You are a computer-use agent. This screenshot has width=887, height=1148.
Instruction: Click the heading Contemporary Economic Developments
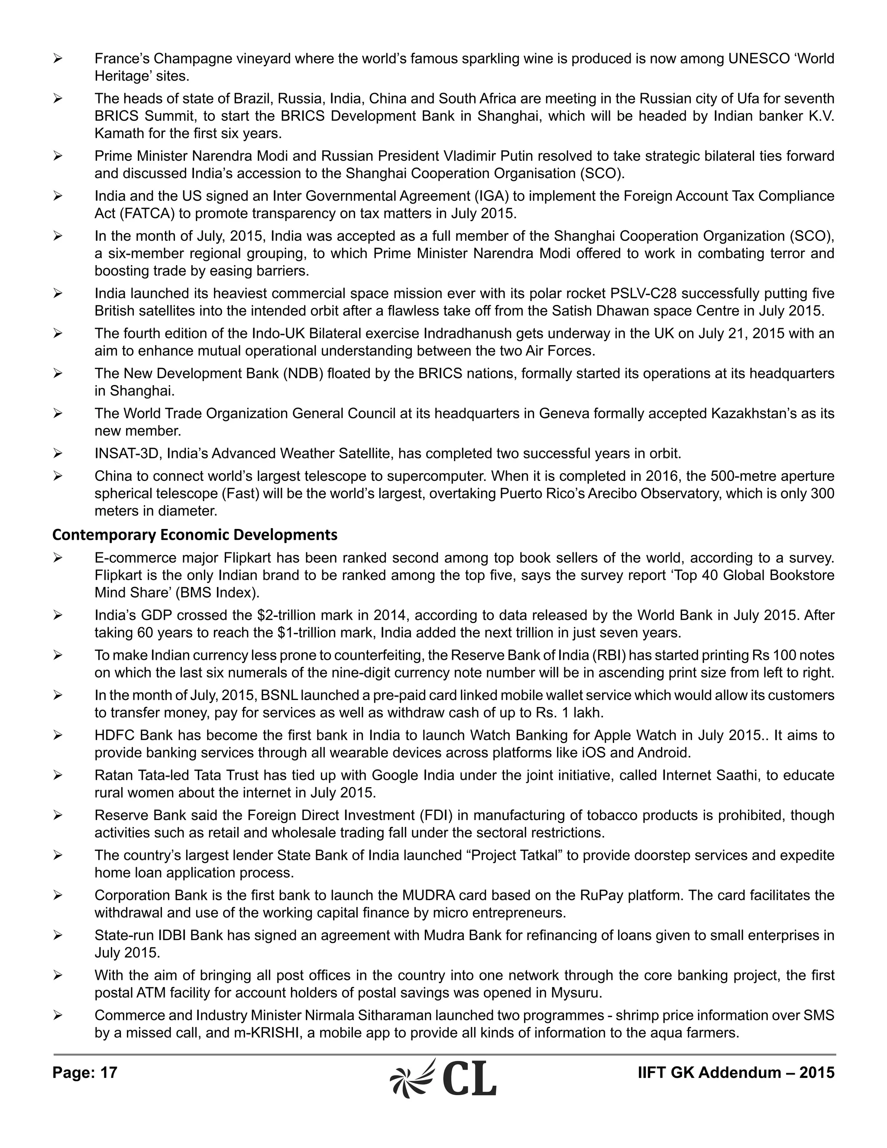point(194,535)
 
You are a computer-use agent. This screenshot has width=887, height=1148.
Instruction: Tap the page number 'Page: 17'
point(84,1072)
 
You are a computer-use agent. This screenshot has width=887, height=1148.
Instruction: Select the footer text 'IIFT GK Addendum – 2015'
point(736,1072)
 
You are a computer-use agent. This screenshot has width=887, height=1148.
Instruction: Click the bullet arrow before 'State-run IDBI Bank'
point(58,936)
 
